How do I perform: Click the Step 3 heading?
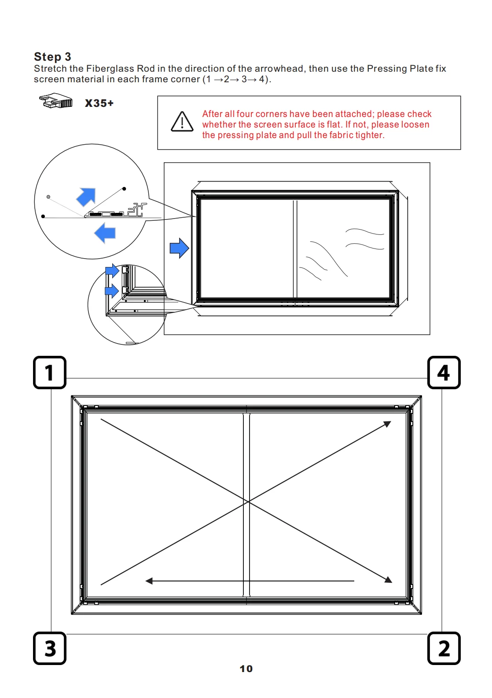[x=52, y=57]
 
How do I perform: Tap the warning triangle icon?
[x=182, y=122]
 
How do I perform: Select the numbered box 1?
[x=50, y=373]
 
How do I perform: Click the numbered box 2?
[x=444, y=648]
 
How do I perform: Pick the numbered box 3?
[x=50, y=648]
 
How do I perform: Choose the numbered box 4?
[x=444, y=373]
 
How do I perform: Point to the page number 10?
[x=246, y=669]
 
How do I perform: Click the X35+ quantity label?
[x=99, y=103]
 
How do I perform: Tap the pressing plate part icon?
[x=56, y=101]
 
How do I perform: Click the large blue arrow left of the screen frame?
[x=179, y=248]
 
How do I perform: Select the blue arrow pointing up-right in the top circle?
[x=87, y=196]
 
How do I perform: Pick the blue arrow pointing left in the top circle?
[x=105, y=233]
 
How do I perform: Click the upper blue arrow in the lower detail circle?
[x=112, y=270]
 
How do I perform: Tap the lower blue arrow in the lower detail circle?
[x=112, y=290]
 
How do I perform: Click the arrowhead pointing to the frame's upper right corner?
[x=388, y=424]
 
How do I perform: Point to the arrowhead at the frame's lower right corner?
[x=388, y=580]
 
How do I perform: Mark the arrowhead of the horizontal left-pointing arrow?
[x=149, y=581]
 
